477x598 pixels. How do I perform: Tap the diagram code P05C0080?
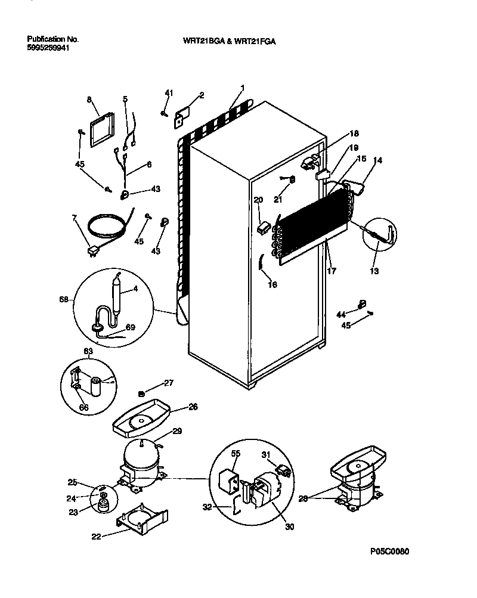pyautogui.click(x=389, y=551)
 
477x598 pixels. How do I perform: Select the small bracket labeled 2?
pyautogui.click(x=182, y=117)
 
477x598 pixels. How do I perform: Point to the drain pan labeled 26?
pyautogui.click(x=141, y=420)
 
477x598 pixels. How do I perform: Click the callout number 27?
pyautogui.click(x=169, y=383)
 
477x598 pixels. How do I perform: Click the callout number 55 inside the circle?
pyautogui.click(x=236, y=454)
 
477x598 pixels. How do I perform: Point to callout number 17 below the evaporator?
pyautogui.click(x=332, y=270)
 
